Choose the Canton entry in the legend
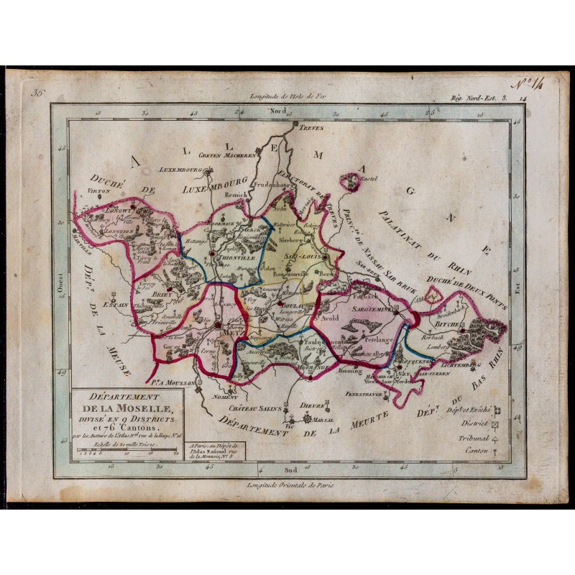tap(475, 451)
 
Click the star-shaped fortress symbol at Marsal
tap(306, 418)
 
